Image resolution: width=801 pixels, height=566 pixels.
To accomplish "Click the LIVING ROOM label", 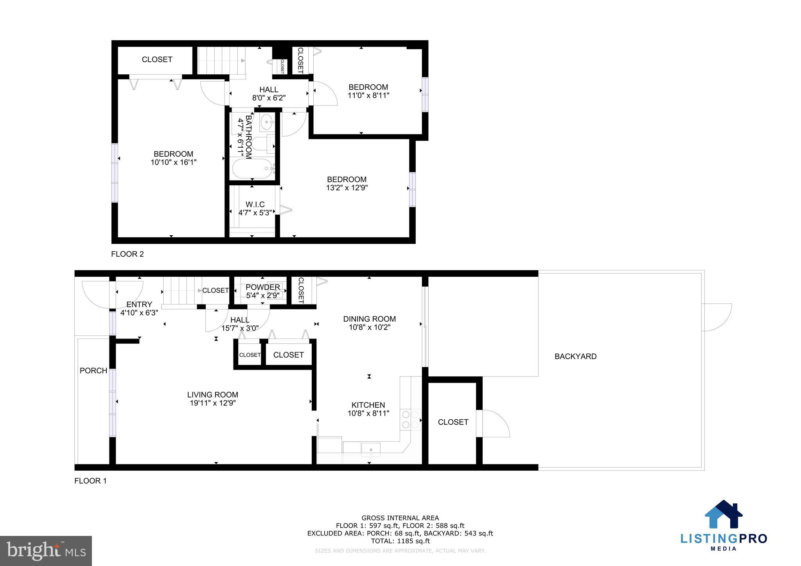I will click(x=212, y=395).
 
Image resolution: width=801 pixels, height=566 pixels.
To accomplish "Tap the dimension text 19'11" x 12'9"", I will click(x=212, y=403).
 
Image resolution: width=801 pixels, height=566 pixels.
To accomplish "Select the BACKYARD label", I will click(x=575, y=356).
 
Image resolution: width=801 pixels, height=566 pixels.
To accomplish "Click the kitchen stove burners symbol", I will click(x=410, y=419).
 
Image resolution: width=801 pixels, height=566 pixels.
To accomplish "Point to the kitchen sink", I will click(x=370, y=450).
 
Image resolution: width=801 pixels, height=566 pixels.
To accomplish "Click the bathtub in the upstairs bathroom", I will click(x=253, y=169).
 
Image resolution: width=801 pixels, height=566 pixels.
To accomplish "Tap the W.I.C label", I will click(x=255, y=204).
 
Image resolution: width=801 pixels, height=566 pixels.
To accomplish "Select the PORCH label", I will click(x=93, y=371).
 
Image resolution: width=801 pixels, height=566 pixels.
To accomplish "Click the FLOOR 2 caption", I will click(x=128, y=254).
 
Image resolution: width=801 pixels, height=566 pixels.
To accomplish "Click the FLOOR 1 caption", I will click(x=90, y=481).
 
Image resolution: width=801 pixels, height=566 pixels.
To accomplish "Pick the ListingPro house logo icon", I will click(x=724, y=515).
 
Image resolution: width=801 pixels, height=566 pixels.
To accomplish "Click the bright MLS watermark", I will click(x=46, y=551).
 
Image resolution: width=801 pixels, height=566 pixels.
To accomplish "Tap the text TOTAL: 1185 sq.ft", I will click(x=400, y=541).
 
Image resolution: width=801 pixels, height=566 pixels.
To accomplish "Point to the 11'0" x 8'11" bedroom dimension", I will click(x=368, y=95).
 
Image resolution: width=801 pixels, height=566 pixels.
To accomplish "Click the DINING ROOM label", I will click(x=369, y=319).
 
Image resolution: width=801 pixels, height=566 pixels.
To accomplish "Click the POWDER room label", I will click(x=263, y=287).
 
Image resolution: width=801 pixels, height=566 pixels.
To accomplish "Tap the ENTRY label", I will click(x=139, y=304).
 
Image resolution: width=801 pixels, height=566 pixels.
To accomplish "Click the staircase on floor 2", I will click(x=221, y=61).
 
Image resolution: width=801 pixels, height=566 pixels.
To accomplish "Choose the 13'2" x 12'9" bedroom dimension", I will click(x=347, y=188).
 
